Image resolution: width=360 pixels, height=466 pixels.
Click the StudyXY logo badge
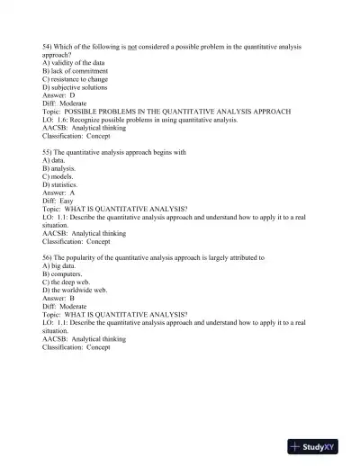click(318, 447)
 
